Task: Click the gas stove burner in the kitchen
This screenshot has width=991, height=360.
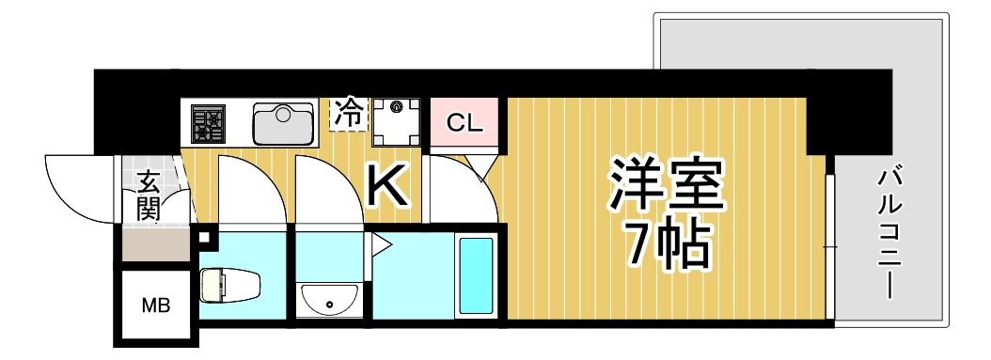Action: pyautogui.click(x=208, y=123)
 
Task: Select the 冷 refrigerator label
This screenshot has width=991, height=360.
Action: pyautogui.click(x=349, y=114)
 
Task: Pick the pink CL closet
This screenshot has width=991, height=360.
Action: pyautogui.click(x=464, y=122)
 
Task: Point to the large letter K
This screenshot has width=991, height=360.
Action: pyautogui.click(x=386, y=186)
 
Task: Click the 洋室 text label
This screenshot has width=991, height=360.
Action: pyautogui.click(x=667, y=186)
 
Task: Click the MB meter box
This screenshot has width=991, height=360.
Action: pyautogui.click(x=155, y=305)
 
